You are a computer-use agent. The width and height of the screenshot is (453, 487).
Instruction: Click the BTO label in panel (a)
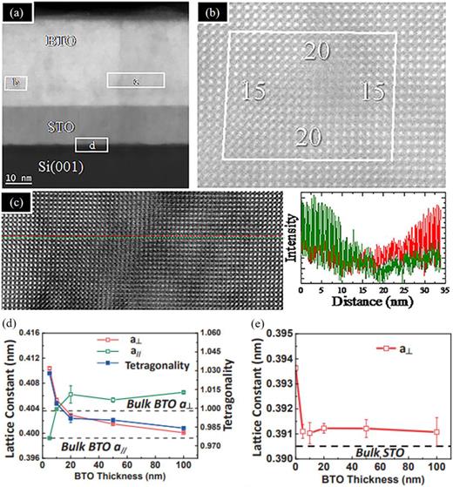[61, 40]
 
